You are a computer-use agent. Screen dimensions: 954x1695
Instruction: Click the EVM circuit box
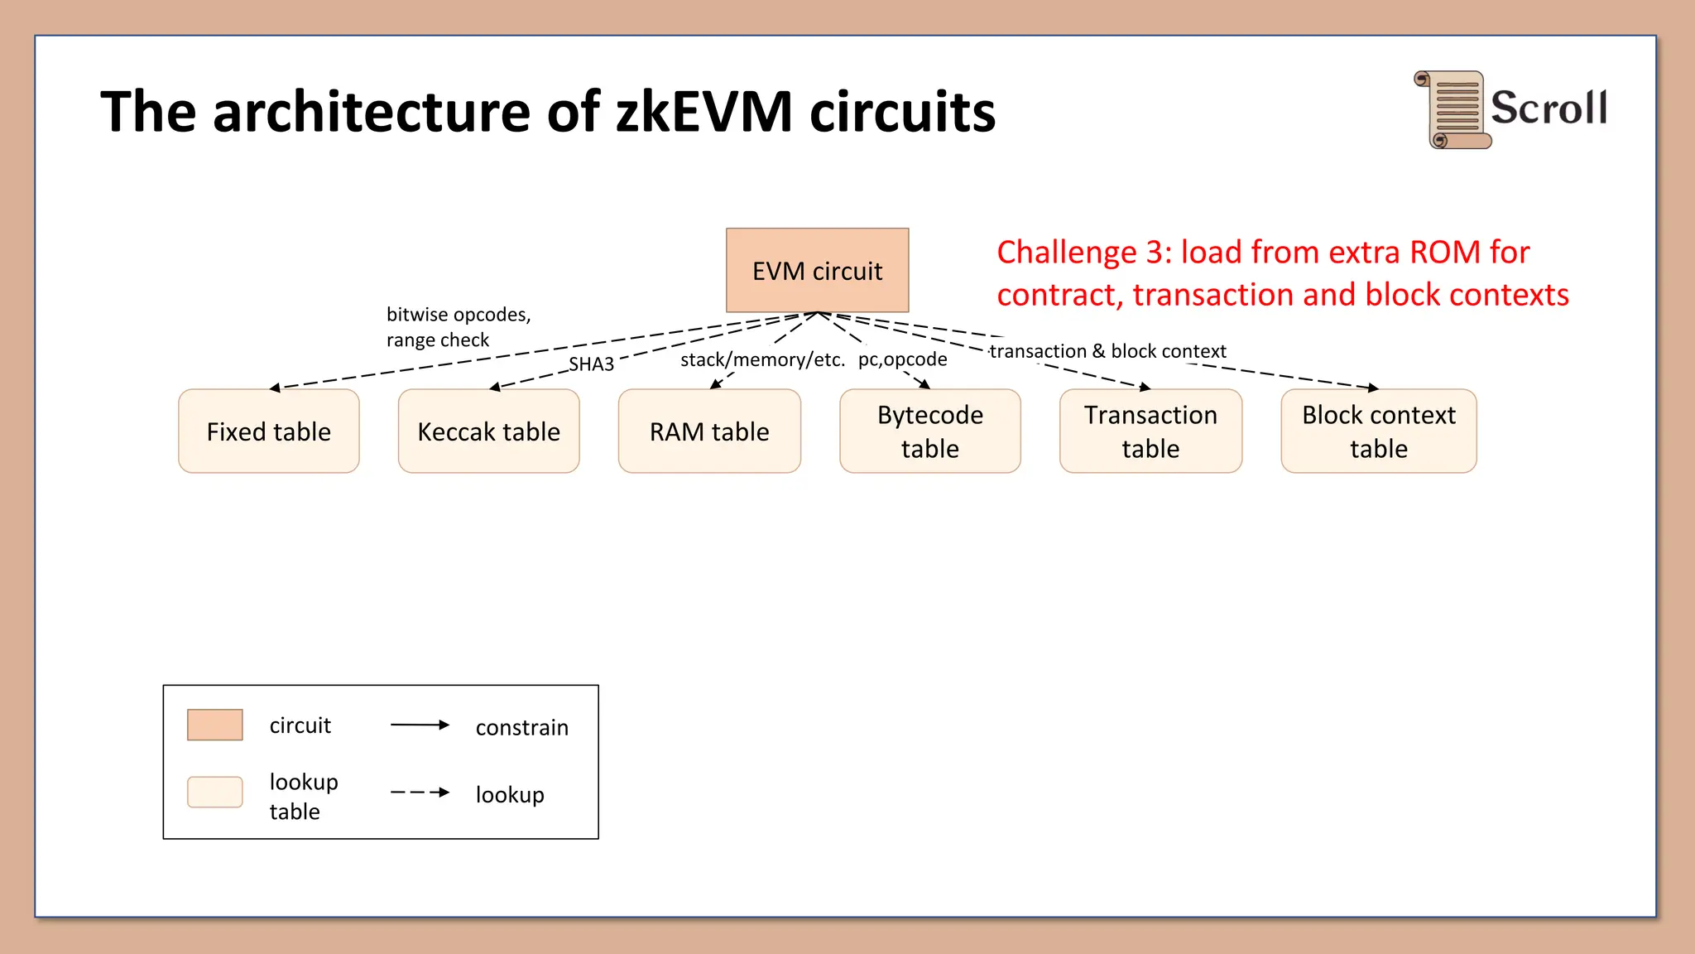[817, 271]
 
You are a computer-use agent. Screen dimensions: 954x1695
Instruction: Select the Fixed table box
[268, 431]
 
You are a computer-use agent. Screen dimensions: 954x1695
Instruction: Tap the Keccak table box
[488, 431]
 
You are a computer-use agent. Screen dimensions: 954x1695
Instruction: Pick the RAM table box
[709, 431]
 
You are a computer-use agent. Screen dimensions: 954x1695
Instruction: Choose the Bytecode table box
[929, 431]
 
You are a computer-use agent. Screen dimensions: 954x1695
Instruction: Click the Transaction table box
[1150, 431]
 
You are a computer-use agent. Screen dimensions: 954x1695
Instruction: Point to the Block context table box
[1378, 431]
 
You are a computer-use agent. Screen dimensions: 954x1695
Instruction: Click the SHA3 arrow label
[591, 364]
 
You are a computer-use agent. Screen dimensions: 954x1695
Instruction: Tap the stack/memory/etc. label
[762, 359]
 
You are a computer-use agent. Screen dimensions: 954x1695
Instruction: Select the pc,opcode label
[902, 359]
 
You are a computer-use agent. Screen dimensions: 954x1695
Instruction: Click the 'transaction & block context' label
[1107, 351]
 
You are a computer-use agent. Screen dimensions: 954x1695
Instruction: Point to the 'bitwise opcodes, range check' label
[458, 327]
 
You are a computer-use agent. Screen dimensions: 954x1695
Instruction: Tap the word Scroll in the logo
[1549, 108]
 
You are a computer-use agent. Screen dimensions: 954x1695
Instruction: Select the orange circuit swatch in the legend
[214, 725]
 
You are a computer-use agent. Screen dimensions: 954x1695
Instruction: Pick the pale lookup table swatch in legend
[214, 792]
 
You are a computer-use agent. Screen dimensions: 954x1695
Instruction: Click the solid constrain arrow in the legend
[420, 725]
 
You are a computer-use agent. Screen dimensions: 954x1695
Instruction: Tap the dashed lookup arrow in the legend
[420, 793]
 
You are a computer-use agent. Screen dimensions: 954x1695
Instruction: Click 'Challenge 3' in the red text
[1083, 252]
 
